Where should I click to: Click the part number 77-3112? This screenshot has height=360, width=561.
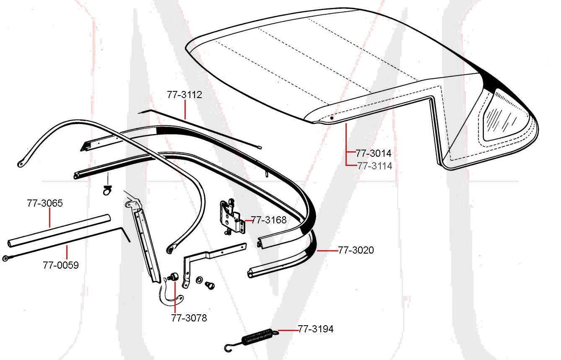184,95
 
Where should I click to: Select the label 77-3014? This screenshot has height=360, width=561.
374,153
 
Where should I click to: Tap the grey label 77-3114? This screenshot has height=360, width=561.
375,166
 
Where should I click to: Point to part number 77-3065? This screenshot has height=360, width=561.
45,203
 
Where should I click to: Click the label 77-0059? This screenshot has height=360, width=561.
60,265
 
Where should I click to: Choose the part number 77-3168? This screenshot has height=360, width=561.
269,220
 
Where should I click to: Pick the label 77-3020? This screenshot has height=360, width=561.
356,250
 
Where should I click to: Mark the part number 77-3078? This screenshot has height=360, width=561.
189,318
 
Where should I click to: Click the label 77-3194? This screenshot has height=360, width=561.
316,329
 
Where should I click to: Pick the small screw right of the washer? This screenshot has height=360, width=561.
210,285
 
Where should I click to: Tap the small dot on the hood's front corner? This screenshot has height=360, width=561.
332,118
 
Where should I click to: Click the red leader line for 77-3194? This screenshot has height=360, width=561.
287,330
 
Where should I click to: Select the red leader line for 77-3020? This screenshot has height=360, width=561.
327,251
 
